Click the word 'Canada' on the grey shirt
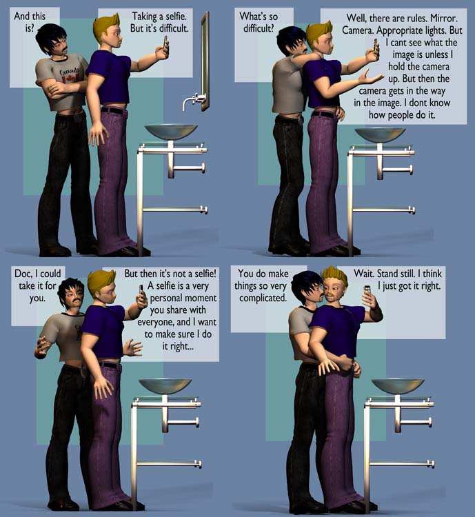tap(70, 70)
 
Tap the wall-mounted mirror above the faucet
tap(205, 61)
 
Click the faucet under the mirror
tap(193, 101)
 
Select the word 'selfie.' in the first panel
tap(176, 16)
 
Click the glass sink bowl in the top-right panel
tap(380, 134)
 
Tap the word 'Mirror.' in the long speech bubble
tap(445, 18)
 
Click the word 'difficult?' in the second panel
tap(259, 28)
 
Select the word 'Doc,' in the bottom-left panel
tap(23, 274)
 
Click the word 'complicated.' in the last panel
tap(263, 298)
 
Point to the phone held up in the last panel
tap(367, 292)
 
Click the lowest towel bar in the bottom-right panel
tap(402, 464)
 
